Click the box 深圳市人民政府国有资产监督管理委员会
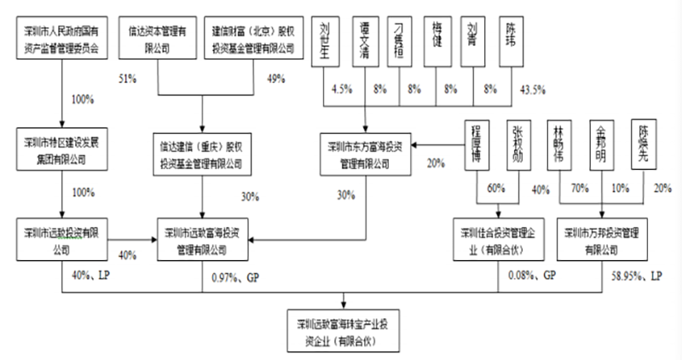[x=60, y=39]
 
